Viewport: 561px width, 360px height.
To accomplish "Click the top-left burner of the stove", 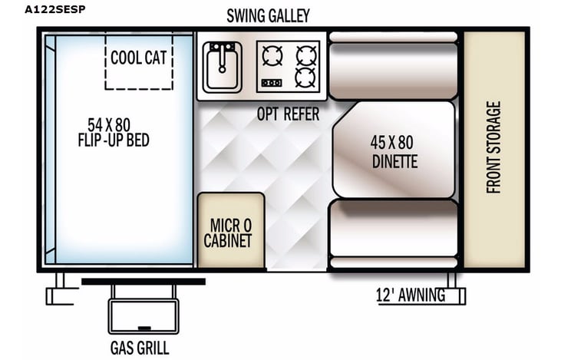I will (x=272, y=54).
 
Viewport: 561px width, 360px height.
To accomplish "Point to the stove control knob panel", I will (x=272, y=82).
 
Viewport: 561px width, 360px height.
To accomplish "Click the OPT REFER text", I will (x=288, y=114).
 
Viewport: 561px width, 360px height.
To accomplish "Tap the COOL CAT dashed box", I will (x=139, y=61).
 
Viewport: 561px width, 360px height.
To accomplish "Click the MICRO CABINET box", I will (x=231, y=230).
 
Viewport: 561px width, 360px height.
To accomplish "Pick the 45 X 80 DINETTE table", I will (x=394, y=150).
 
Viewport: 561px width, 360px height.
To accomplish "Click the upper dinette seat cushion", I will (x=393, y=71).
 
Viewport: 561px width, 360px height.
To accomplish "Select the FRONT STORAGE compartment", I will (x=493, y=149).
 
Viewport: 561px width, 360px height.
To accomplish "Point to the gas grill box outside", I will (x=144, y=315).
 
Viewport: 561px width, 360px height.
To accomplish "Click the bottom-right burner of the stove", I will (x=306, y=77).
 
